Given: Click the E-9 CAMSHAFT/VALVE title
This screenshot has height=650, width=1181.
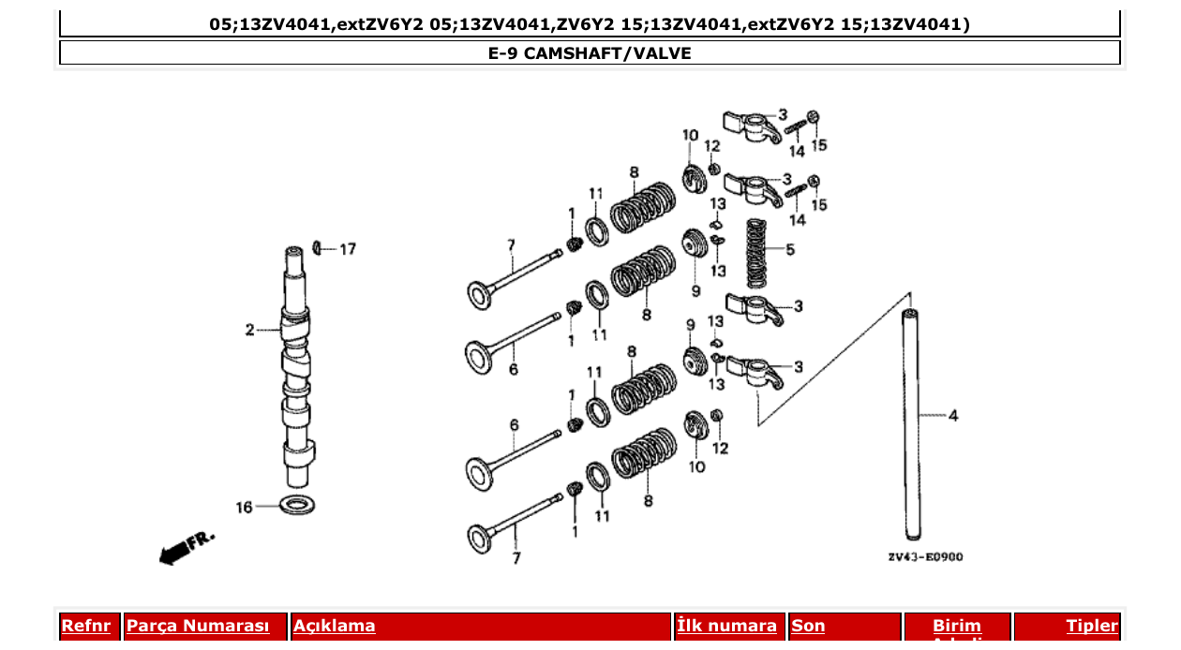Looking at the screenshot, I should pyautogui.click(x=590, y=53).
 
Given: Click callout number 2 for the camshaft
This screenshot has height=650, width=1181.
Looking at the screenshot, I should pyautogui.click(x=249, y=330).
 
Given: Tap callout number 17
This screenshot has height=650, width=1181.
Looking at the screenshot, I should pyautogui.click(x=348, y=249).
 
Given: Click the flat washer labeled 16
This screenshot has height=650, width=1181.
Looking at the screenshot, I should pyautogui.click(x=298, y=505).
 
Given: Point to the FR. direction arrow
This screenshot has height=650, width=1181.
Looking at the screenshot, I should pyautogui.click(x=187, y=548).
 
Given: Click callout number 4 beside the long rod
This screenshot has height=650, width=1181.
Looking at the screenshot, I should pyautogui.click(x=953, y=416).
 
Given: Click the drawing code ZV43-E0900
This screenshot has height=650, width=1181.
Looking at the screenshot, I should pyautogui.click(x=925, y=557).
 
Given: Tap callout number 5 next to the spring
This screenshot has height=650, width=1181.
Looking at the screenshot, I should pyautogui.click(x=790, y=250).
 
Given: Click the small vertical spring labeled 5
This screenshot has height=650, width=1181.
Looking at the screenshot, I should pyautogui.click(x=757, y=253).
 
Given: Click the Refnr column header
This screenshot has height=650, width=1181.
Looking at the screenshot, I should pyautogui.click(x=85, y=626).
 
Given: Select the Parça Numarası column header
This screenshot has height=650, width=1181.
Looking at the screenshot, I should pyautogui.click(x=198, y=626).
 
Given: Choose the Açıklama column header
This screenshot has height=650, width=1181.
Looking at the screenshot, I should pyautogui.click(x=335, y=626).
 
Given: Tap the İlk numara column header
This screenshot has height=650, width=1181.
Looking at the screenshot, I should pyautogui.click(x=726, y=626).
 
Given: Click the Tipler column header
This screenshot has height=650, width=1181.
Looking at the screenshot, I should pyautogui.click(x=1091, y=626).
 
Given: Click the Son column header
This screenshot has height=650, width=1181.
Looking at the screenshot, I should pyautogui.click(x=808, y=626).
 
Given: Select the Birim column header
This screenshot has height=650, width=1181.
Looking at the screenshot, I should pyautogui.click(x=956, y=626).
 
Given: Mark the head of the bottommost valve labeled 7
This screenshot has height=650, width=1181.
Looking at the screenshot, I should pyautogui.click(x=481, y=538).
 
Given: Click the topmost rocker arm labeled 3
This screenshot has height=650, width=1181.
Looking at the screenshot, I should pyautogui.click(x=751, y=123).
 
